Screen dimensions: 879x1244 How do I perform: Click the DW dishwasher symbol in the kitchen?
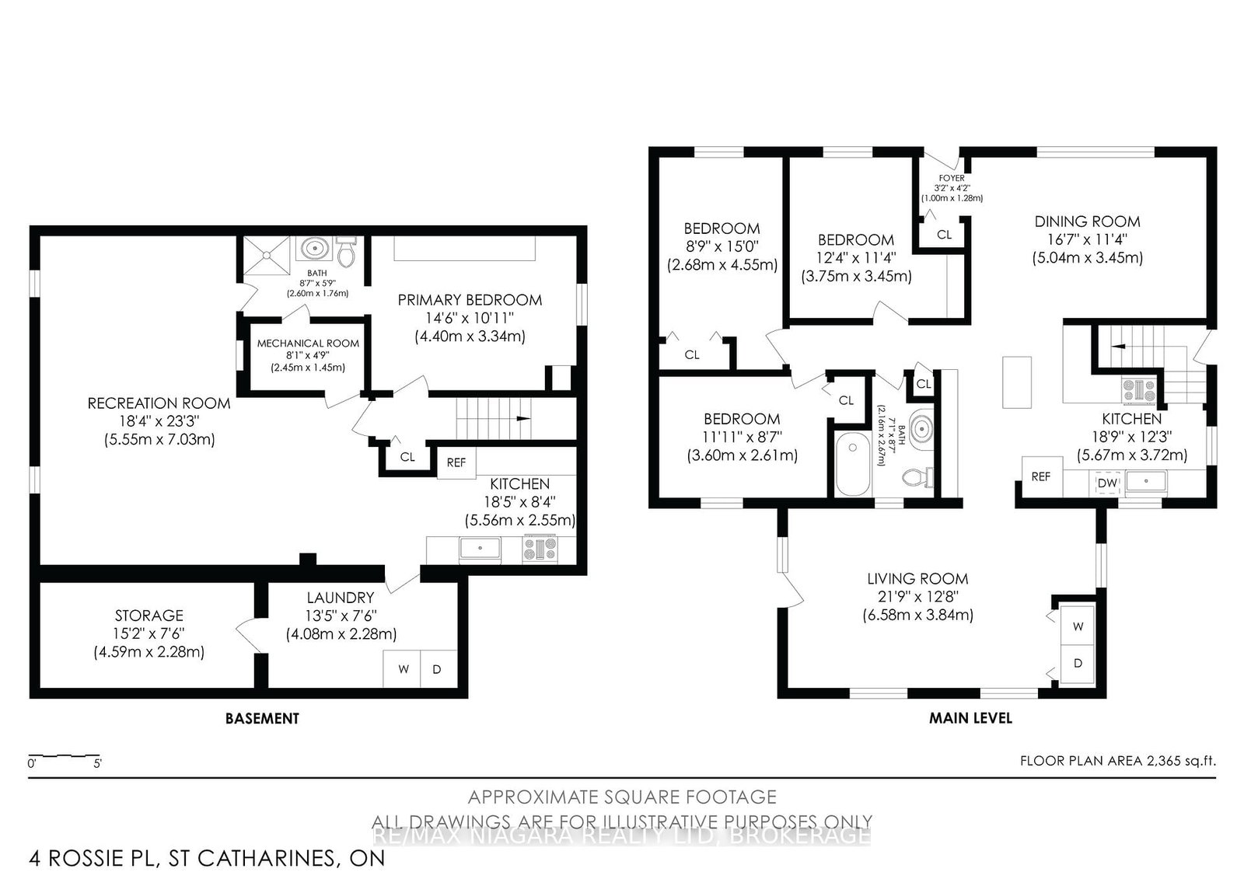click(1107, 483)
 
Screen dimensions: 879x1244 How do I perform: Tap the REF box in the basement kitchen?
click(456, 462)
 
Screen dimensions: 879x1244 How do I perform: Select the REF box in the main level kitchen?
click(1041, 476)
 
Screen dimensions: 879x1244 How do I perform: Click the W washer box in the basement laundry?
click(403, 668)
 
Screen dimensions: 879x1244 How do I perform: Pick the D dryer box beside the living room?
click(1078, 663)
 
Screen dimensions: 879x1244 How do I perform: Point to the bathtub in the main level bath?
click(853, 464)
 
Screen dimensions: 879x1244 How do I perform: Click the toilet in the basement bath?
click(347, 252)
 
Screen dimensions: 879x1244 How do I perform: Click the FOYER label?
click(952, 178)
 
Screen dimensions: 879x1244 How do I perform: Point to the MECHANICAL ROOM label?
click(308, 343)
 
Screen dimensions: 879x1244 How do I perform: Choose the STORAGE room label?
click(149, 616)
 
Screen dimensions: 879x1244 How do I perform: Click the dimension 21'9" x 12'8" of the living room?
click(917, 597)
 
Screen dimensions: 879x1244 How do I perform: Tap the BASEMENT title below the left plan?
click(262, 718)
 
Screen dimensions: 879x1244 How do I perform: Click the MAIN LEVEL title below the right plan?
click(970, 718)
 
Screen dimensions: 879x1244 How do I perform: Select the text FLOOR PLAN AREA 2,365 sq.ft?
click(1117, 761)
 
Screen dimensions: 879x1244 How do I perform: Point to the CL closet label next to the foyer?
click(944, 234)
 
